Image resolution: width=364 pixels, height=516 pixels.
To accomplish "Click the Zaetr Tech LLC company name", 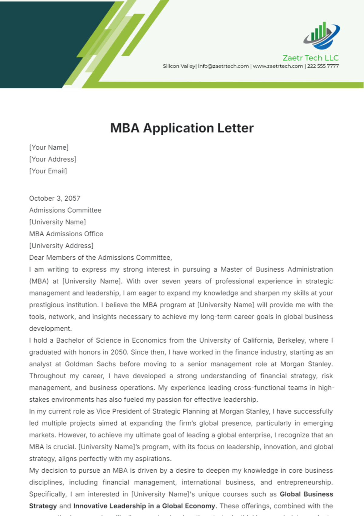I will [x=310, y=58].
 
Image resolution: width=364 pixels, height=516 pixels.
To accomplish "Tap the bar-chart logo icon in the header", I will [x=322, y=36].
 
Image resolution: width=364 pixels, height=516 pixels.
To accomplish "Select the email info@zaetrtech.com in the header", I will [x=223, y=66].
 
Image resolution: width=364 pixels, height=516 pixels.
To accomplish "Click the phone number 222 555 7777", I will [x=323, y=66].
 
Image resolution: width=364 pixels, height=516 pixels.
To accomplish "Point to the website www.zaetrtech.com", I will [x=278, y=66].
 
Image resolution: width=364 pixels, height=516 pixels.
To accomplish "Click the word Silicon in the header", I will [x=171, y=66].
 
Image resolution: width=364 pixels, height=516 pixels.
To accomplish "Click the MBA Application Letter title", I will [x=182, y=128].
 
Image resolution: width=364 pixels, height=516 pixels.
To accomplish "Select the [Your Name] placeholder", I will [x=49, y=147].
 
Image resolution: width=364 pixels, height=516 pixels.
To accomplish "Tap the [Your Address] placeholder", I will [x=53, y=159].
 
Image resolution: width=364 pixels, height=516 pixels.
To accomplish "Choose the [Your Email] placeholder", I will [x=48, y=171].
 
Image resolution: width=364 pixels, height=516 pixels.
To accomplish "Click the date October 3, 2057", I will [x=55, y=198].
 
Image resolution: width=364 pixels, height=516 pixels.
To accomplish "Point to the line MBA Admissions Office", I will [x=66, y=234].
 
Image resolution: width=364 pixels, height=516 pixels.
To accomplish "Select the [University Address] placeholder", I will [x=61, y=246].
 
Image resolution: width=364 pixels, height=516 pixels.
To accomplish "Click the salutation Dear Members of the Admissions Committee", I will [x=100, y=258].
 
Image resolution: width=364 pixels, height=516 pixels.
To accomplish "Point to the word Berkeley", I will [x=291, y=340].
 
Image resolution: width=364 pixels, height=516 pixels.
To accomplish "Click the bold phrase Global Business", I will [x=306, y=494].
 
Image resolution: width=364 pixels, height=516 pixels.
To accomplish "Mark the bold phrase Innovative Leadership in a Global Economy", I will [x=144, y=506].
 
